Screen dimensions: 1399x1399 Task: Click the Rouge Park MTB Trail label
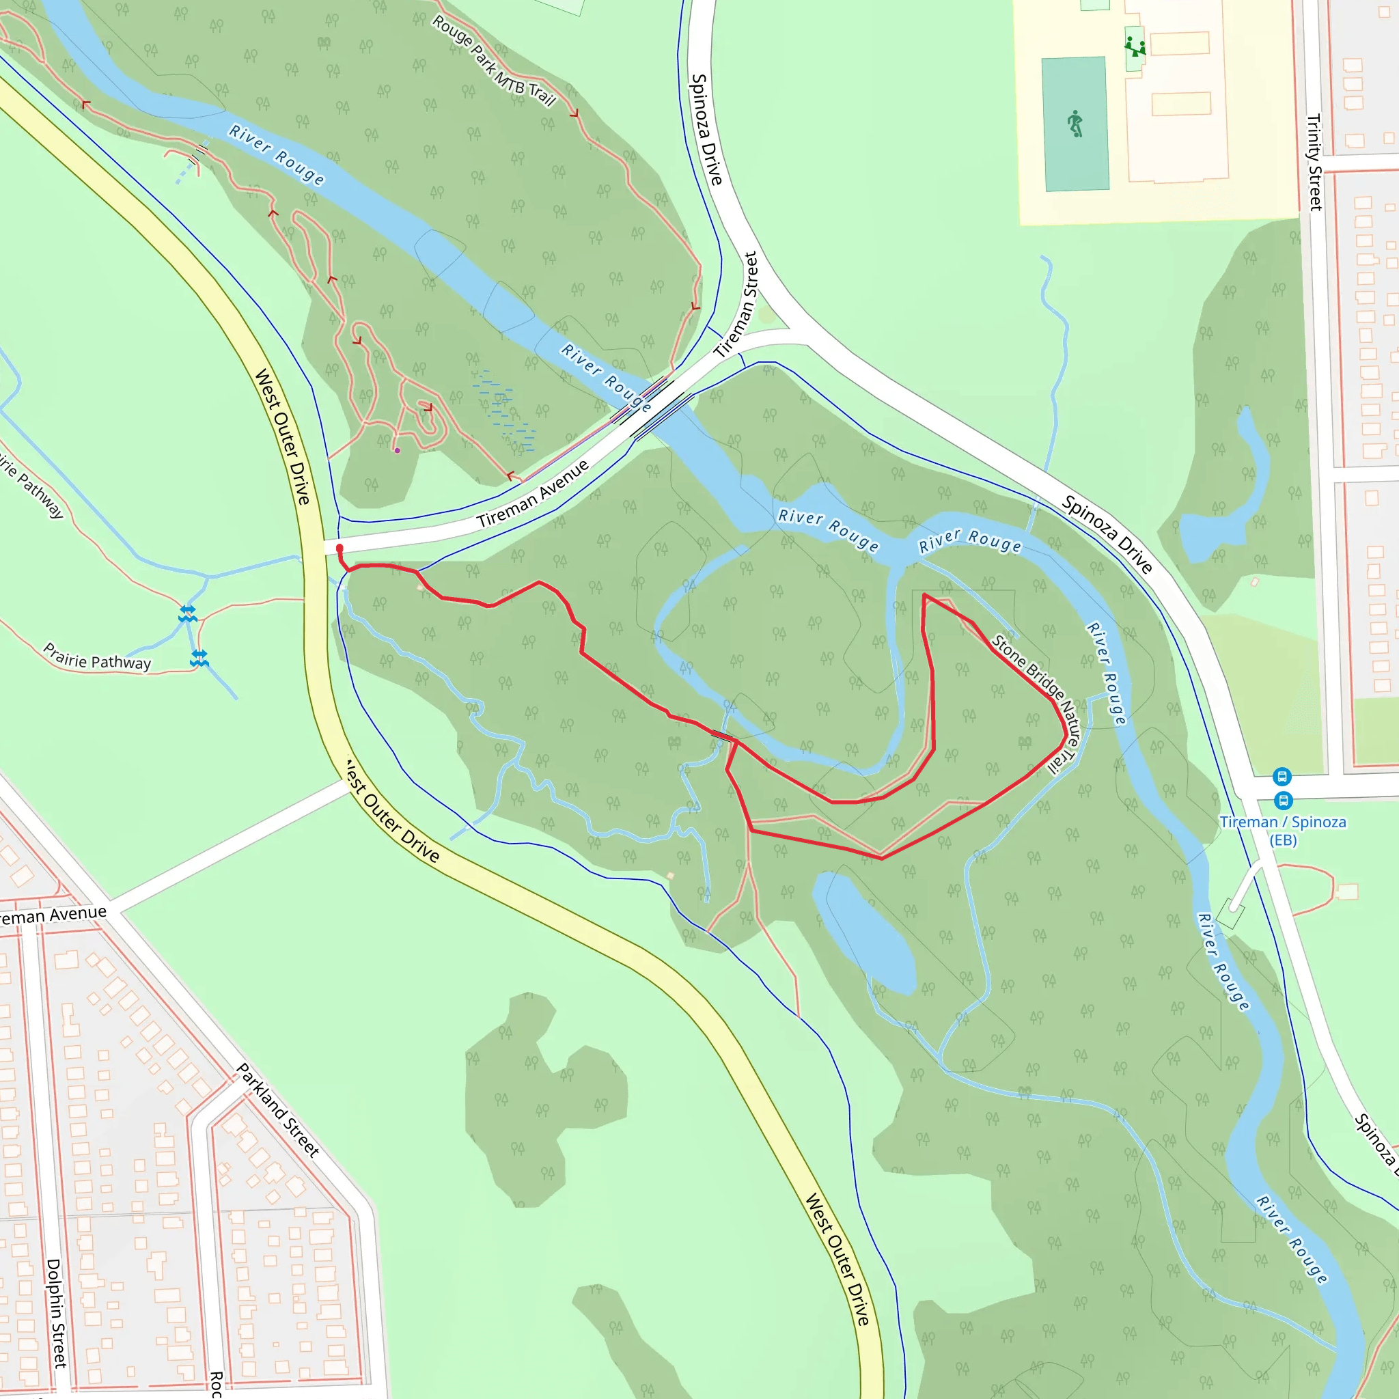pos(494,61)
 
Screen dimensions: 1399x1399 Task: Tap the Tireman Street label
pos(736,304)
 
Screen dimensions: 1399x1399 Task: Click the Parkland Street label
pos(278,1110)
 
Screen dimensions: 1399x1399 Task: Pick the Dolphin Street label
pos(57,1313)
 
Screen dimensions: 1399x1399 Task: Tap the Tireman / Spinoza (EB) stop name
pos(1282,831)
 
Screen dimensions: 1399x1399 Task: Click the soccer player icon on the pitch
pos(1075,124)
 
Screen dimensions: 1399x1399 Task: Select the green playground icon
pos(1135,48)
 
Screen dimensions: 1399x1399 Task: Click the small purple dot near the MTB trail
pos(397,450)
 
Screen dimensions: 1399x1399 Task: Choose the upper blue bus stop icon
pos(1282,777)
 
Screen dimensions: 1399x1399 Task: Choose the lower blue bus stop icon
pos(1283,800)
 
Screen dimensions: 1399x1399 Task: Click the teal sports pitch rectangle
pos(1075,124)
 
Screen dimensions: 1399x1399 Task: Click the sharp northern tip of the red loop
pos(925,595)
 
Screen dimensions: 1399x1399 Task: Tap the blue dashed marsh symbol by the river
pos(505,408)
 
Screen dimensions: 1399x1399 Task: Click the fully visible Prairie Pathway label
pos(97,656)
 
